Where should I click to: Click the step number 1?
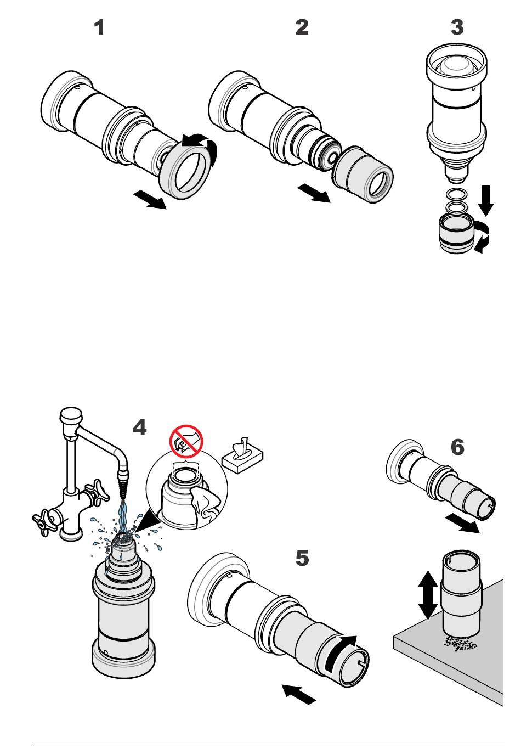tap(99, 27)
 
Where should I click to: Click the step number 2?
tap(302, 27)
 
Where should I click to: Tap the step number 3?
tap(457, 27)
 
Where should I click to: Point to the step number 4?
tap(139, 427)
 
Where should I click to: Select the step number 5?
tap(302, 558)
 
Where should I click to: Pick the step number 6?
tap(457, 447)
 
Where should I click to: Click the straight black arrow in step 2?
tap(314, 193)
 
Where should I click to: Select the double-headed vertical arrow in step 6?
tap(428, 595)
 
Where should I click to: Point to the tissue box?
tap(242, 457)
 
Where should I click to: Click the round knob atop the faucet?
tap(71, 415)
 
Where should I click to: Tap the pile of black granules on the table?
tap(461, 643)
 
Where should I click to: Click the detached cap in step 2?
tap(363, 175)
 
